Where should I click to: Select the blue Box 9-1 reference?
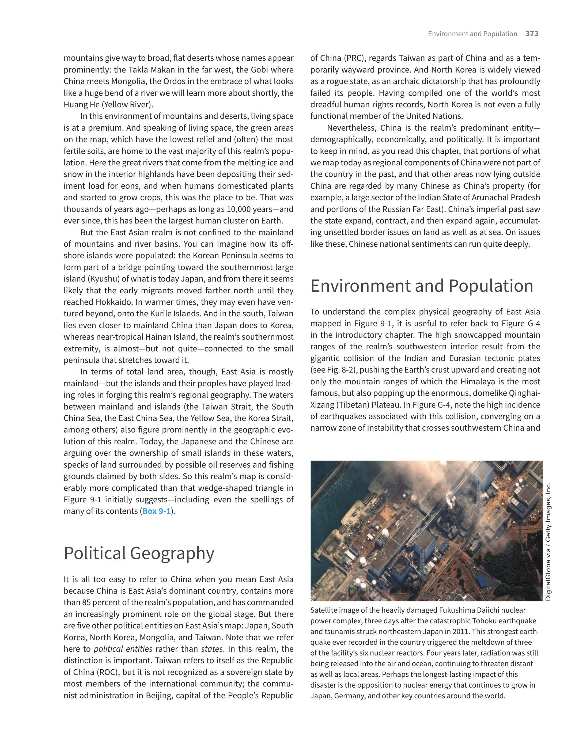click(x=156, y=511)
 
